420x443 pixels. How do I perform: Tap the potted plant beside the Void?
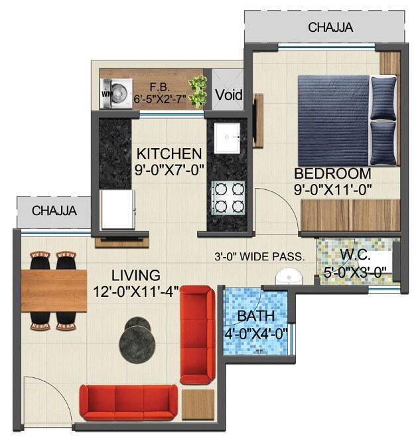(x=197, y=92)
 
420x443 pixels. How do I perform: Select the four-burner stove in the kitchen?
(x=228, y=197)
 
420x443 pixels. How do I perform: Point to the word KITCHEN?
(x=169, y=153)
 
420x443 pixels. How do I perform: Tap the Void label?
(x=228, y=95)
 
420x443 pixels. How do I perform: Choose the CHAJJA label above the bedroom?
(x=330, y=28)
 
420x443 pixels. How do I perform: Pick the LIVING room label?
(x=135, y=274)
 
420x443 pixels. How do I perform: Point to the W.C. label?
(x=355, y=254)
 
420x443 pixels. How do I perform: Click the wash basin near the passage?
(x=287, y=276)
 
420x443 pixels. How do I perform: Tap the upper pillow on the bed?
(x=383, y=96)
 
